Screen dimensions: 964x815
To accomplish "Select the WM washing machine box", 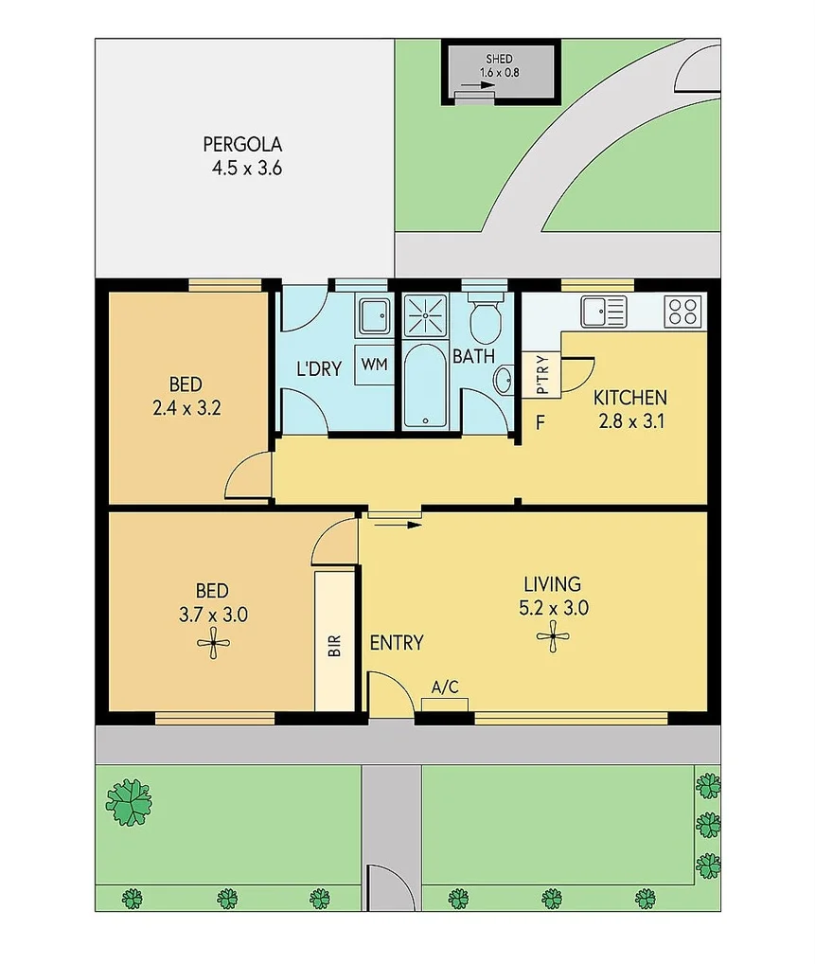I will click(x=375, y=366).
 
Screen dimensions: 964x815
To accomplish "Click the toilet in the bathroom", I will click(x=487, y=322).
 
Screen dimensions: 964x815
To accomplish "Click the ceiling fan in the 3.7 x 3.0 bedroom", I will click(x=212, y=644).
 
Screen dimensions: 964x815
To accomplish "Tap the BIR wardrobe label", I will click(x=333, y=647).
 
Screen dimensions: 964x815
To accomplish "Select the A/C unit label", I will click(x=445, y=687).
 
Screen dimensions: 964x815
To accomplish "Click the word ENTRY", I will click(x=396, y=643).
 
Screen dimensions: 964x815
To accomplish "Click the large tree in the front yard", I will click(x=129, y=801).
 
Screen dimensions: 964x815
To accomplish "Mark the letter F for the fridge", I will click(x=540, y=422).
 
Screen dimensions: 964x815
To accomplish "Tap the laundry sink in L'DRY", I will click(x=373, y=314).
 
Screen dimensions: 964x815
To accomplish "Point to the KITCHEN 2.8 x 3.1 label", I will click(x=629, y=409).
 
